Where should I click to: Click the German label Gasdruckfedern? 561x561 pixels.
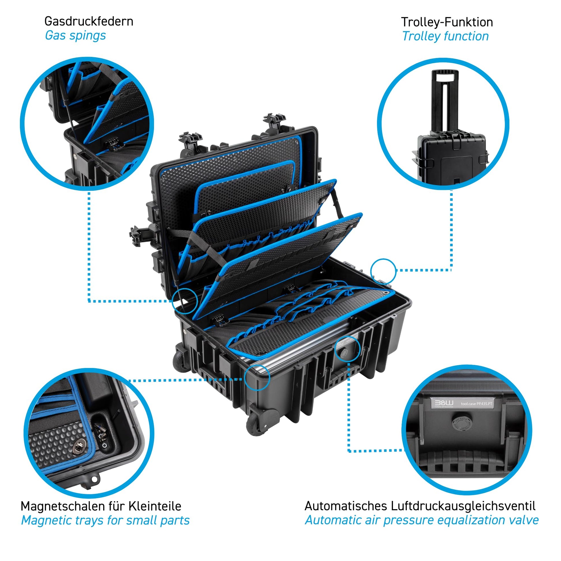(x=89, y=22)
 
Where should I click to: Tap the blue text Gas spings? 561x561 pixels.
(x=76, y=36)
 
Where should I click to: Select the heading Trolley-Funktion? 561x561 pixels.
(x=447, y=22)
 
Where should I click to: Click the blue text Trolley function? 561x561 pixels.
(x=445, y=36)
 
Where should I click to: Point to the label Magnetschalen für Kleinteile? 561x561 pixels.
(x=101, y=506)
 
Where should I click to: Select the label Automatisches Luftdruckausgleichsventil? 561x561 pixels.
(x=420, y=506)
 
